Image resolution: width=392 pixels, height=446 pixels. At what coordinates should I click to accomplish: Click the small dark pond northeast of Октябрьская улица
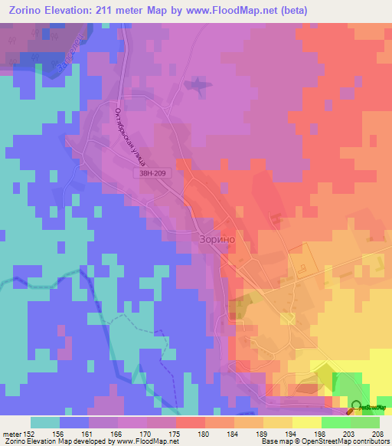(x=199, y=84)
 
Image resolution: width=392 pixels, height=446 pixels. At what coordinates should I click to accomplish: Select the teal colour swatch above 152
(x=45, y=422)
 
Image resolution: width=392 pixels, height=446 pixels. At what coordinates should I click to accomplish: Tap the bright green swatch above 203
(x=335, y=422)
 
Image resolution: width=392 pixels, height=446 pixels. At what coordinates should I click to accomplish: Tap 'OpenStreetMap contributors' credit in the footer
(x=351, y=441)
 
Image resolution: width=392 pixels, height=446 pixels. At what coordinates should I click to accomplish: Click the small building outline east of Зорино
(x=304, y=269)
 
